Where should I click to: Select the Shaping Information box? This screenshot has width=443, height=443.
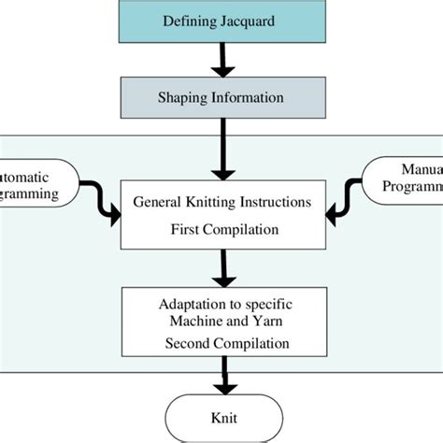click(221, 96)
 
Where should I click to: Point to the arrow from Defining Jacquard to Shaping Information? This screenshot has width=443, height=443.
click(221, 59)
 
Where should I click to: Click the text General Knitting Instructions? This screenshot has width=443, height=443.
click(221, 201)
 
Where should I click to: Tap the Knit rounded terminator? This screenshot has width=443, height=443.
click(221, 418)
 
